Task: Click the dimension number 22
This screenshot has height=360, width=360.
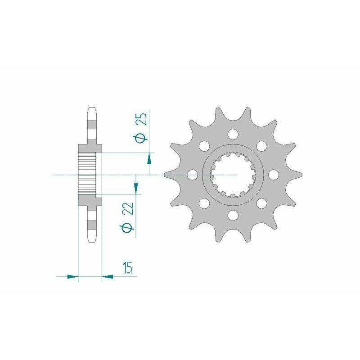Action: [x=129, y=208]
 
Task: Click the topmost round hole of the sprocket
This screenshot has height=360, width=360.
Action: [x=233, y=134]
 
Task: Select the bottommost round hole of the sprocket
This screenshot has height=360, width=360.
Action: [x=233, y=215]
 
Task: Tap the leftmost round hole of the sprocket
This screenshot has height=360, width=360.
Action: [x=193, y=175]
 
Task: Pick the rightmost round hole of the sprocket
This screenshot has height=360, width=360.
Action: [x=274, y=175]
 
